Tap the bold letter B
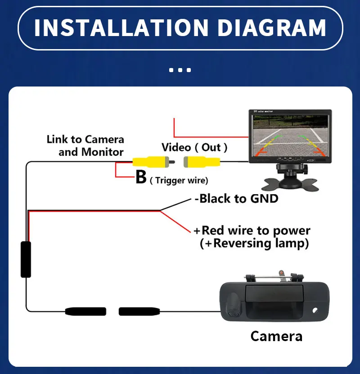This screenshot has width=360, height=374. coord(141,178)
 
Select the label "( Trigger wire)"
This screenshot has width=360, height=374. coord(179,180)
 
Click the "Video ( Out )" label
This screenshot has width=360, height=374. coord(194,147)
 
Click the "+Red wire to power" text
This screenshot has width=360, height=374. coord(252,230)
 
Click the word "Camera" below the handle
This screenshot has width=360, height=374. coord(276,336)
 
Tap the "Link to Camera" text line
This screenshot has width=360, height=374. coord(85,139)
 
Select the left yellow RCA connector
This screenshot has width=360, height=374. coord(152,160)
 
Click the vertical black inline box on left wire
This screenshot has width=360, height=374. coord(26,259)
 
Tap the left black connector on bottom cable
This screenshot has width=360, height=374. coord(85,311)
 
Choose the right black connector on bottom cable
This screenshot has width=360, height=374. coord(139,311)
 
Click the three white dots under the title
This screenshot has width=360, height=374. coord(180,70)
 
